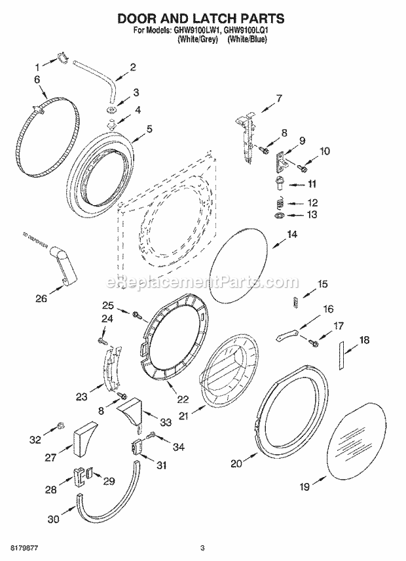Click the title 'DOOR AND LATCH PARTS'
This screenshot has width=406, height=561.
[202, 19]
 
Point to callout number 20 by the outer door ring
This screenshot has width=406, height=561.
[236, 463]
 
